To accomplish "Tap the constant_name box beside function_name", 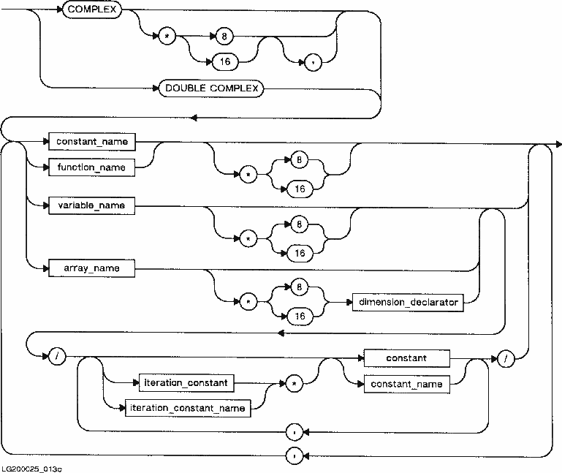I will pyautogui.click(x=91, y=141).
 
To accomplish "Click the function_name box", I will pyautogui.click(x=91, y=167).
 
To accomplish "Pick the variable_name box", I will pyautogui.click(x=91, y=205).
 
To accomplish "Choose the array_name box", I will pyautogui.click(x=91, y=268).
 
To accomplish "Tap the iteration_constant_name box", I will pyautogui.click(x=189, y=408).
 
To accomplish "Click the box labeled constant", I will pyautogui.click(x=407, y=358).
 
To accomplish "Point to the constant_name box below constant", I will pyautogui.click(x=407, y=384).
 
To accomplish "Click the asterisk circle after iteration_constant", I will pyautogui.click(x=292, y=382).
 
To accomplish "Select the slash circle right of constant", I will pyautogui.click(x=504, y=358).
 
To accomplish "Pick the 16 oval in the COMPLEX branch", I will pyautogui.click(x=224, y=61).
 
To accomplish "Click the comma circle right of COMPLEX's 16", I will pyautogui.click(x=313, y=61).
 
